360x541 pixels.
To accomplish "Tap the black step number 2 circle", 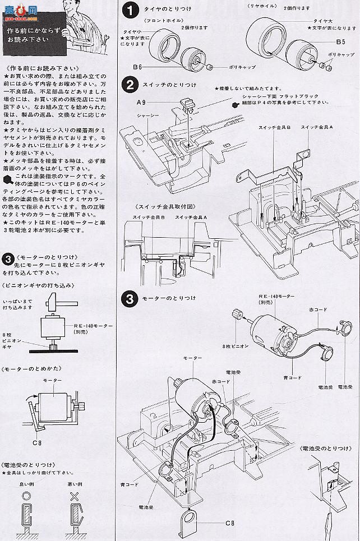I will [130, 85].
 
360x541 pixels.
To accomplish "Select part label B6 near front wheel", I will [139, 67].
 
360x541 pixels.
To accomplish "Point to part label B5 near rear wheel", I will [340, 42].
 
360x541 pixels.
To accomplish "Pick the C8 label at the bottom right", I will [229, 522].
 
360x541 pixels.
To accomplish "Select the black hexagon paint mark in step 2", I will [234, 103].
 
